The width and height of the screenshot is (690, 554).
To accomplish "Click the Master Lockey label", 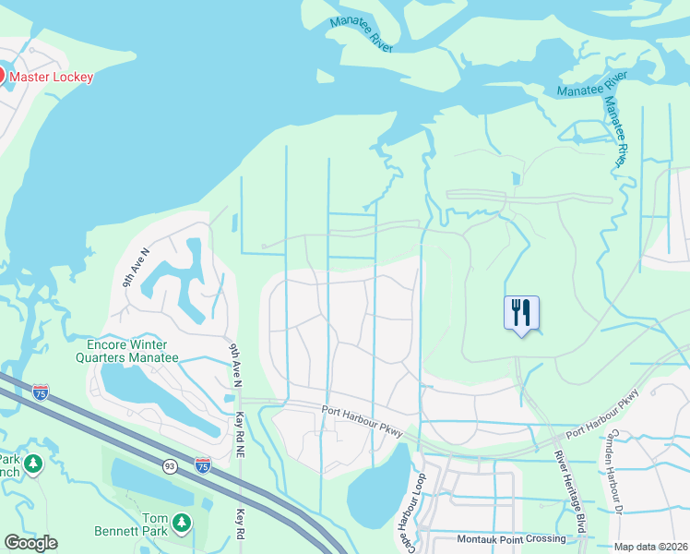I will (52, 77).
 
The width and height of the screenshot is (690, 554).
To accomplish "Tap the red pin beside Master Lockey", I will (1, 74).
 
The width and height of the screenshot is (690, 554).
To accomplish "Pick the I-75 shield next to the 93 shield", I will (203, 464).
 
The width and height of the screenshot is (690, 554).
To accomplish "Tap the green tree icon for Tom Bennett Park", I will (182, 524).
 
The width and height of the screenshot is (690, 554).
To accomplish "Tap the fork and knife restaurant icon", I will (521, 312).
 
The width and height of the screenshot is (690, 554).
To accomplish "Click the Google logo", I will (30, 543).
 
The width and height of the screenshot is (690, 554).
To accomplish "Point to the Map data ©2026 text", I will (650, 547).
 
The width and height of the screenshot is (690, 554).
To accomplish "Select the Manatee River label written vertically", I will (619, 119).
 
